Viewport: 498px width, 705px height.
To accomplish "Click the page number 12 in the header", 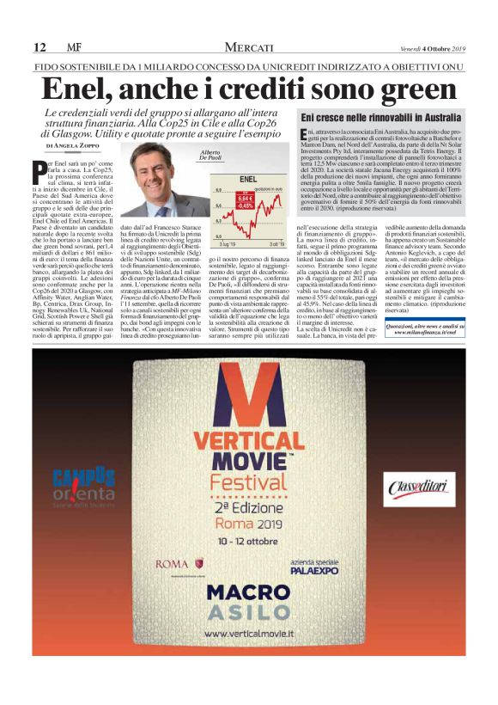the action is tap(39, 46).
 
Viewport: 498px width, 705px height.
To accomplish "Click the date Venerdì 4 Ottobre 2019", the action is tap(432, 47).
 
